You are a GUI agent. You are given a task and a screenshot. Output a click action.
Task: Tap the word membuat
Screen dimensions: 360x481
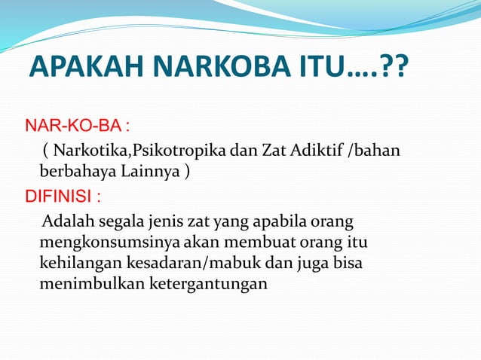coord(251,244)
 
